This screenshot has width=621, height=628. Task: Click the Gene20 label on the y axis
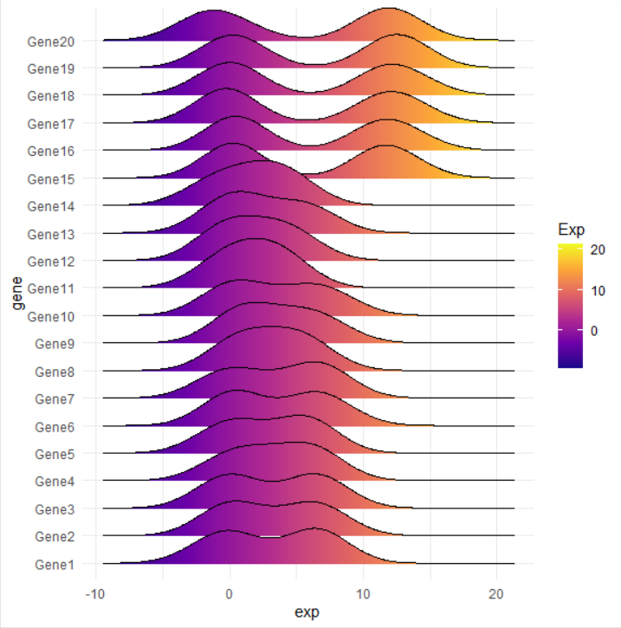pos(51,41)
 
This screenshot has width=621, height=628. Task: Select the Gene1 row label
pos(54,564)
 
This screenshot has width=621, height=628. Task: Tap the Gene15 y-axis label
pos(51,178)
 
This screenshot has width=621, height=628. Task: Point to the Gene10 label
pos(51,316)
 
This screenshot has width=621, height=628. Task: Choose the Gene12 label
pos(51,261)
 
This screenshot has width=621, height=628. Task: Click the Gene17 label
pos(51,123)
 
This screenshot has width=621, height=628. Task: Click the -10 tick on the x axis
pos(96,596)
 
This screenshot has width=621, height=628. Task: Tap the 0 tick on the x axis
pos(230,596)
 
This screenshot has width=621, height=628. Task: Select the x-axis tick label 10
pos(363,596)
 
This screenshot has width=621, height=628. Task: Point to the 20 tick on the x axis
pos(496,596)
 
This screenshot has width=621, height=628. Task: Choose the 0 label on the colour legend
pos(592,330)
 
